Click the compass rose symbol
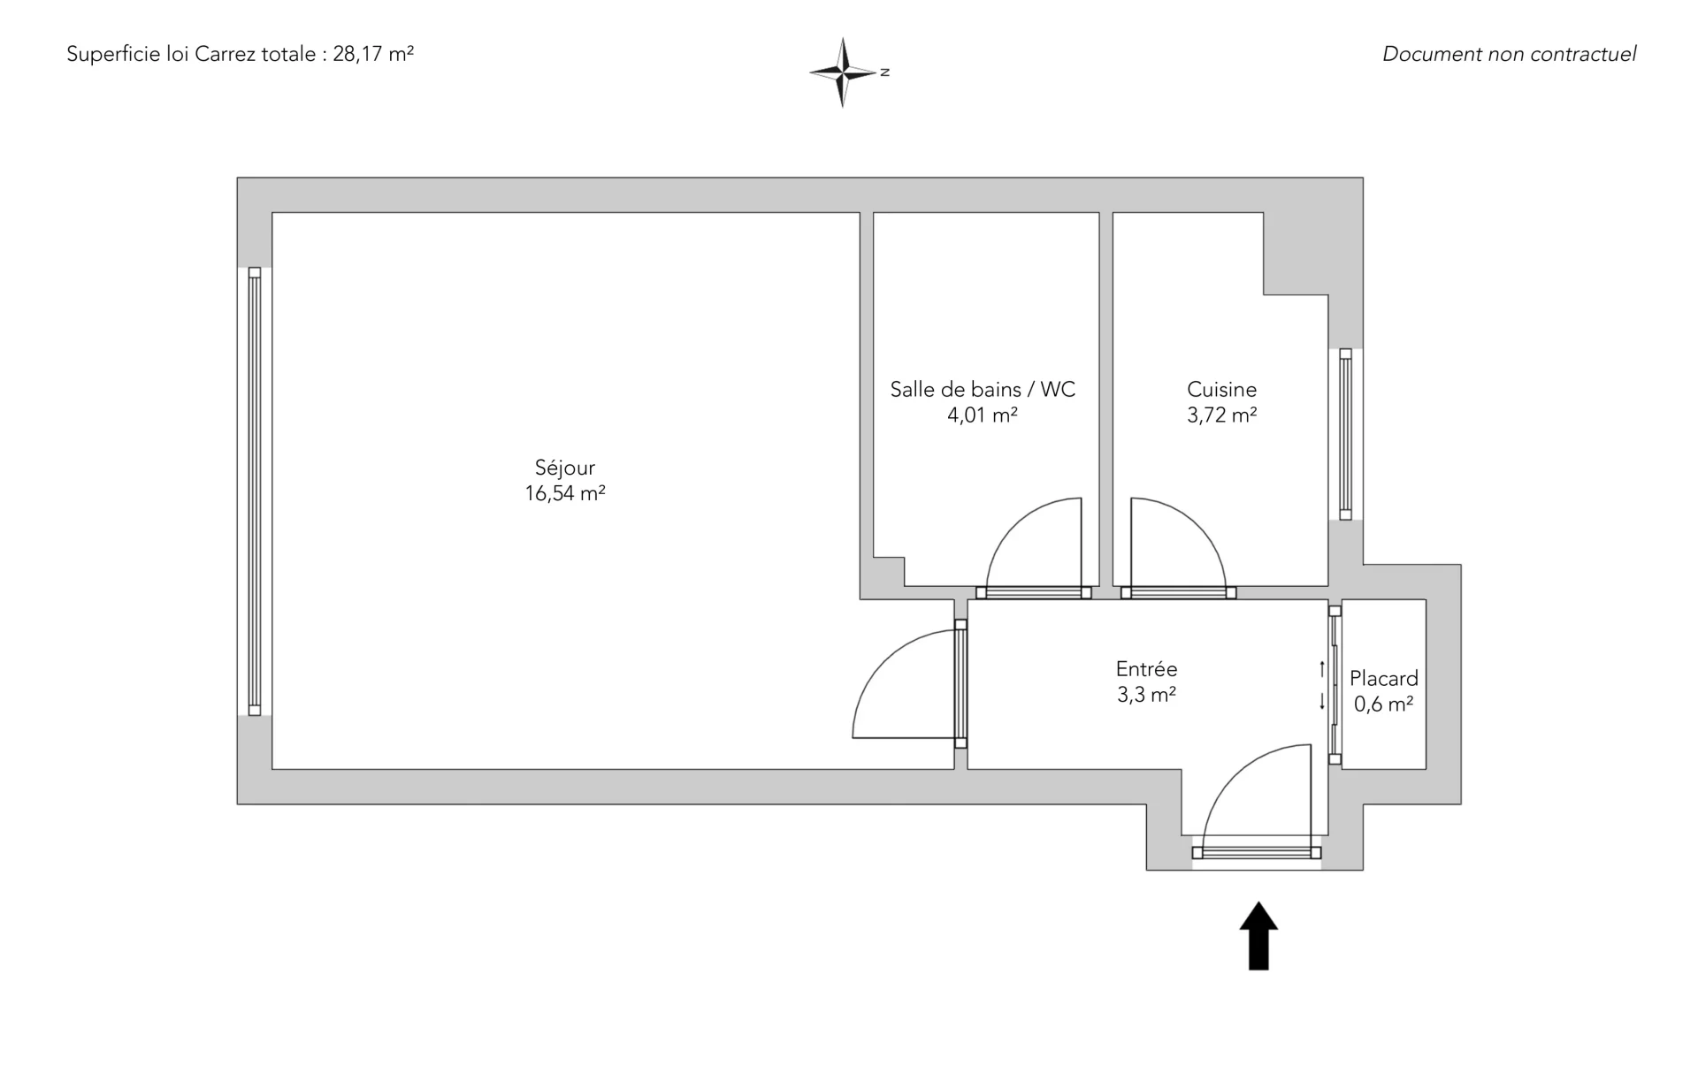844,72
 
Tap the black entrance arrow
1258,936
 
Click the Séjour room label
565,468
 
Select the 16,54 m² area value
565,493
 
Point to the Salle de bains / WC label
983,390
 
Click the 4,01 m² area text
983,415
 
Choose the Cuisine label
1222,390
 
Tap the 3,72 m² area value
1222,415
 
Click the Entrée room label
1146,669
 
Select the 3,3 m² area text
1146,695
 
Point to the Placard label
1384,679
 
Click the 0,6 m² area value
1384,704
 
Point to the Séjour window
255,491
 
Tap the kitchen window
1345,434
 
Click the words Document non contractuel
1509,54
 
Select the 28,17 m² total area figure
373,54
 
